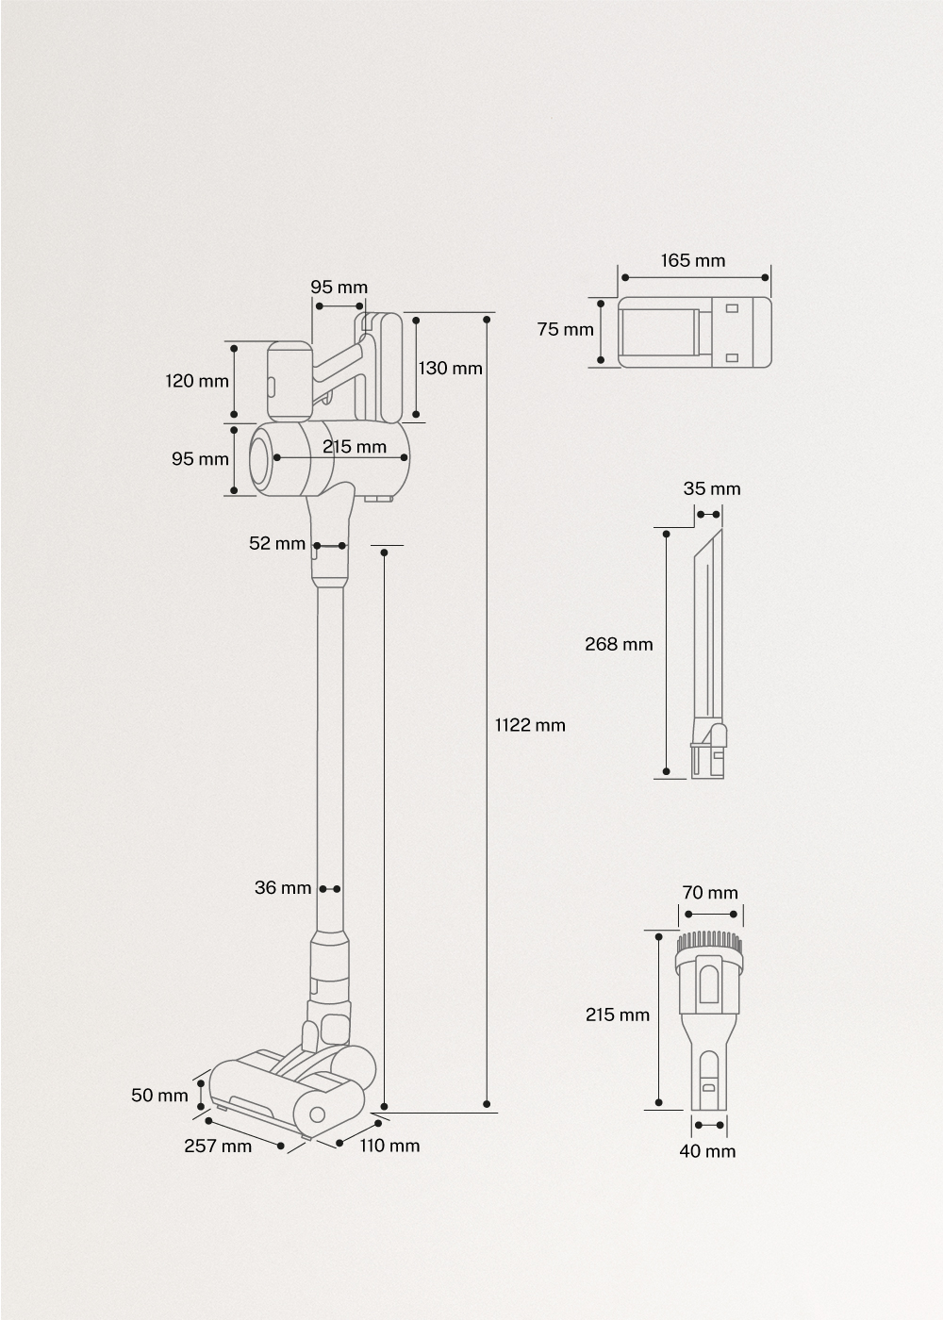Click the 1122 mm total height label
pyautogui.click(x=530, y=725)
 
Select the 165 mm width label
pyautogui.click(x=693, y=260)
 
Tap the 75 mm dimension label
pyautogui.click(x=566, y=329)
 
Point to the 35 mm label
pyautogui.click(x=712, y=488)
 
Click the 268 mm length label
pyautogui.click(x=619, y=644)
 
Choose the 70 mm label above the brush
pyautogui.click(x=710, y=892)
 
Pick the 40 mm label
pyautogui.click(x=707, y=1151)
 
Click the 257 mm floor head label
pyautogui.click(x=218, y=1146)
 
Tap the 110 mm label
pyautogui.click(x=389, y=1146)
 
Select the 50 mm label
pyautogui.click(x=159, y=1095)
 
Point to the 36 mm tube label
pyautogui.click(x=283, y=887)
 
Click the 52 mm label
pyautogui.click(x=277, y=543)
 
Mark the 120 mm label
pyautogui.click(x=197, y=381)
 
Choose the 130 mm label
pyautogui.click(x=450, y=368)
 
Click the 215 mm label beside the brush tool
pyautogui.click(x=618, y=1015)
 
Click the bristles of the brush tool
pyautogui.click(x=710, y=940)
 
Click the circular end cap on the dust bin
pyautogui.click(x=262, y=458)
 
